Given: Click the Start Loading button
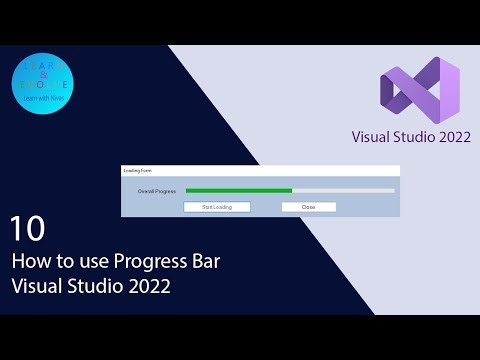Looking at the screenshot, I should click(217, 207).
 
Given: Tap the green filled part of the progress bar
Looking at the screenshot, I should click(238, 190).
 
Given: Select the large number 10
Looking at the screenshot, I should click(28, 230).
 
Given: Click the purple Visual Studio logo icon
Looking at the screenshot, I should click(420, 88).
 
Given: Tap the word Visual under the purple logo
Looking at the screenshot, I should click(371, 136).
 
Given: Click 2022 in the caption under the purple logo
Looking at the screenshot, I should click(448, 136).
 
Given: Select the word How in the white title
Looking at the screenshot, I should click(30, 262).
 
